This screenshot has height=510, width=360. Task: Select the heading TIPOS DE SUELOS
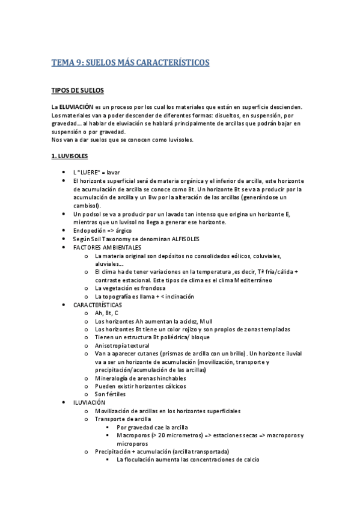[x=78, y=91]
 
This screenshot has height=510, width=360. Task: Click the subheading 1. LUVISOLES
[x=70, y=156]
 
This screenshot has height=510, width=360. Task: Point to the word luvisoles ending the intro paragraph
[x=195, y=140]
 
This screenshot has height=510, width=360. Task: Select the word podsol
[x=92, y=214]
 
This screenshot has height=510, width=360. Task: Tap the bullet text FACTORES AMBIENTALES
[x=107, y=247]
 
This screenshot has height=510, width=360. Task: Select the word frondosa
[x=150, y=288]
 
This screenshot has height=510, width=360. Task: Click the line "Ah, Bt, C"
[x=107, y=313]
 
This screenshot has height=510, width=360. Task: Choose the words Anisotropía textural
[x=122, y=346]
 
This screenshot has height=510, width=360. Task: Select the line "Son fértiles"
[x=111, y=394]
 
